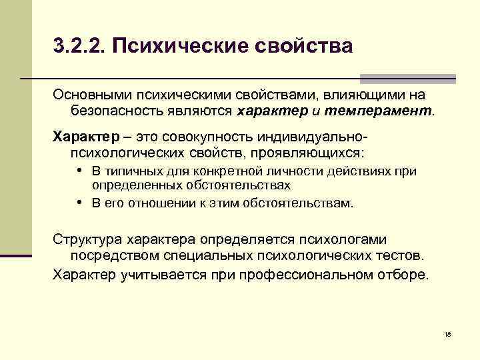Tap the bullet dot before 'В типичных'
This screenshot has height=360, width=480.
[79, 171]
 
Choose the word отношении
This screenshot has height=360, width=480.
[156, 203]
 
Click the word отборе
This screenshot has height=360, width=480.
[407, 273]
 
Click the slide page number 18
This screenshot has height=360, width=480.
[447, 333]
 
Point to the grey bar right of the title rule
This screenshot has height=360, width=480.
[408, 78]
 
